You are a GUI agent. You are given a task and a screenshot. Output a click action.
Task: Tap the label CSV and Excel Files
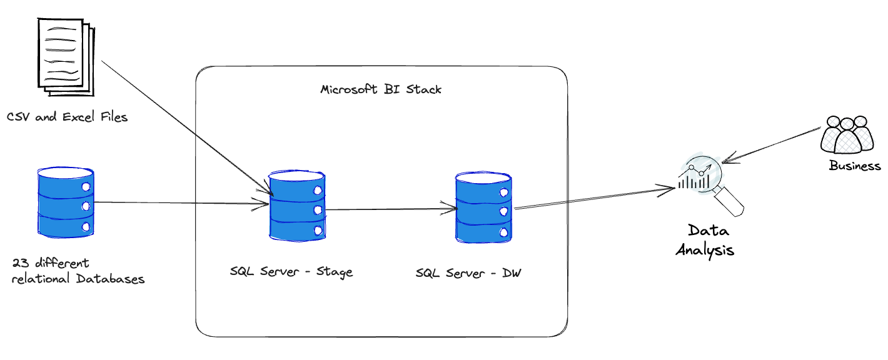point(68,117)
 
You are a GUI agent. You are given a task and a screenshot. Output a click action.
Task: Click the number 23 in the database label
point(19,263)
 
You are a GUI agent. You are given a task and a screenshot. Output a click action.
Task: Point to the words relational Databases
point(78,279)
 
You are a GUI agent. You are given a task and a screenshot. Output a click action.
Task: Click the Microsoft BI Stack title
point(381,89)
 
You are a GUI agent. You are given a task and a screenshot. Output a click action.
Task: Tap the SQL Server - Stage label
point(291,272)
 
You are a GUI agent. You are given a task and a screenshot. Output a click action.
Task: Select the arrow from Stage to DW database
point(391,209)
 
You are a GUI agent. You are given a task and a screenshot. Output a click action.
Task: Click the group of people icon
point(847,134)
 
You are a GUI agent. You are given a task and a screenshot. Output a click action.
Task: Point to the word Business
point(855,166)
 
